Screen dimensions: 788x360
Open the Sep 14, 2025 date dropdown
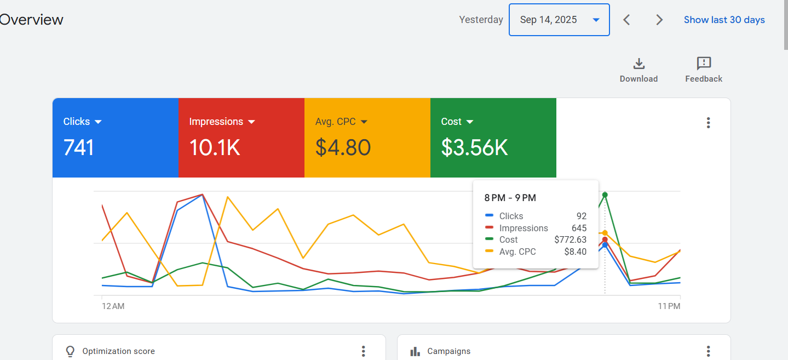pyautogui.click(x=559, y=20)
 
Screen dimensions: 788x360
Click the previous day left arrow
pyautogui.click(x=626, y=20)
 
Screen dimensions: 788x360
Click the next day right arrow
pyautogui.click(x=659, y=20)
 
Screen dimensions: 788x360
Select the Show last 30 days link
pyautogui.click(x=724, y=20)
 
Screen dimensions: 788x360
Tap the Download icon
pyautogui.click(x=639, y=64)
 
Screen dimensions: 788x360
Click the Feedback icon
pyautogui.click(x=704, y=64)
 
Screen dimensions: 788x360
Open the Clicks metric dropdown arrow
pyautogui.click(x=98, y=122)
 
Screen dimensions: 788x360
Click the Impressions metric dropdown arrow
pyautogui.click(x=251, y=122)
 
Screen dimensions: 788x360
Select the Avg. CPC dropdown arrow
pyautogui.click(x=364, y=122)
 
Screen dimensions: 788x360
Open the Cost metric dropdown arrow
pyautogui.click(x=470, y=122)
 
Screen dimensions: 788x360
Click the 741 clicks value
pyautogui.click(x=78, y=147)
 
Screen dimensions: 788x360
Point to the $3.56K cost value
pyautogui.click(x=475, y=147)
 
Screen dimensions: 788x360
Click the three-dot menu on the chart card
pyautogui.click(x=709, y=123)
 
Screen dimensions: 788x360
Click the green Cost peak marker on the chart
pyautogui.click(x=605, y=195)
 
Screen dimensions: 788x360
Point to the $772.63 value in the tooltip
pyautogui.click(x=570, y=239)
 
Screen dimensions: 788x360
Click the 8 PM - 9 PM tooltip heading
pyautogui.click(x=510, y=198)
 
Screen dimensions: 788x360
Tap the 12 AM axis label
pyautogui.click(x=113, y=306)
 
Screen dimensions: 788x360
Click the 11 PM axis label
pyautogui.click(x=669, y=306)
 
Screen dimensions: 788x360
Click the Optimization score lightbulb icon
pyautogui.click(x=70, y=351)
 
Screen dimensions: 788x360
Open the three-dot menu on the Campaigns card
pyautogui.click(x=709, y=351)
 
